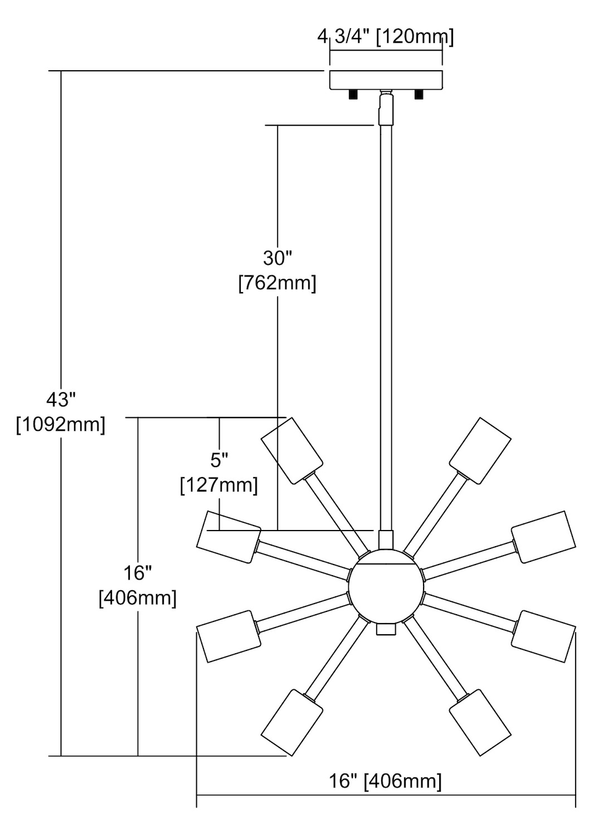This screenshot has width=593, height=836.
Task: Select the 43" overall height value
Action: (61, 400)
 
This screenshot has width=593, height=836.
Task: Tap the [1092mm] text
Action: (61, 425)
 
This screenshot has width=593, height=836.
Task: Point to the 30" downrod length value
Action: (278, 258)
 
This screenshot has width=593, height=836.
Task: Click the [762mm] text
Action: (278, 283)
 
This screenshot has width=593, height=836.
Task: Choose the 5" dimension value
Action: (219, 460)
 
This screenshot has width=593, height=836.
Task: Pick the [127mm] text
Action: (219, 485)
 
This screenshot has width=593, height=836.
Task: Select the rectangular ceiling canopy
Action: (386, 80)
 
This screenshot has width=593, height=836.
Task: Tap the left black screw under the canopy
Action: (353, 95)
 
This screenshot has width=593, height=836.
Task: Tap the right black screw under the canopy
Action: (419, 95)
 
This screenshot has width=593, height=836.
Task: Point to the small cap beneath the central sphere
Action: (386, 629)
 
